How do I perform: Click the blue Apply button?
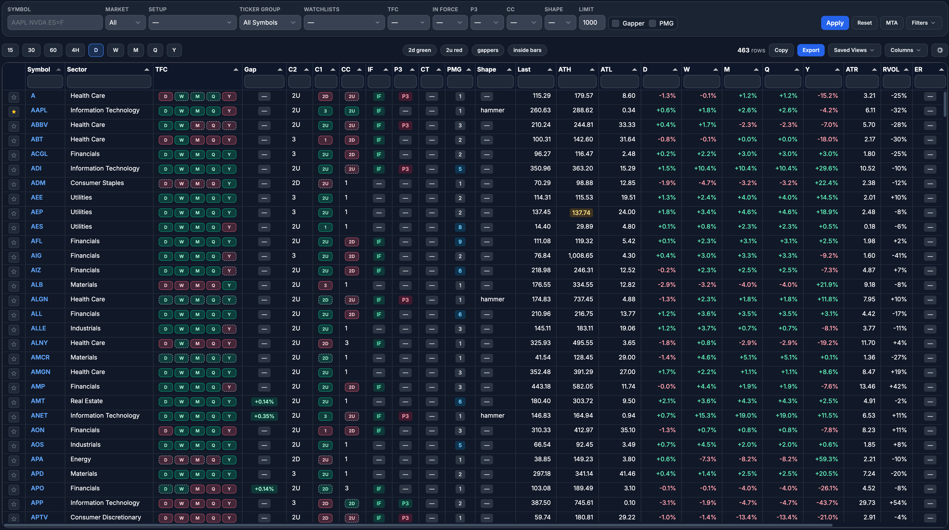pos(834,23)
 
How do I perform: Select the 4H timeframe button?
pos(75,50)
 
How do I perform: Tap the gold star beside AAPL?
pos(14,111)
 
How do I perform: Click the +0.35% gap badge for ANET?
pos(264,416)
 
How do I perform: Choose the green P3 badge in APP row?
pos(405,503)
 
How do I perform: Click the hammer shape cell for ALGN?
pos(492,299)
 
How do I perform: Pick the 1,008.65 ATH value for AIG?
pos(580,256)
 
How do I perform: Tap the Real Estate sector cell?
pos(87,401)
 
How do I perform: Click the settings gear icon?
pos(940,50)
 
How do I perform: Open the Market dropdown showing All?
pos(125,22)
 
